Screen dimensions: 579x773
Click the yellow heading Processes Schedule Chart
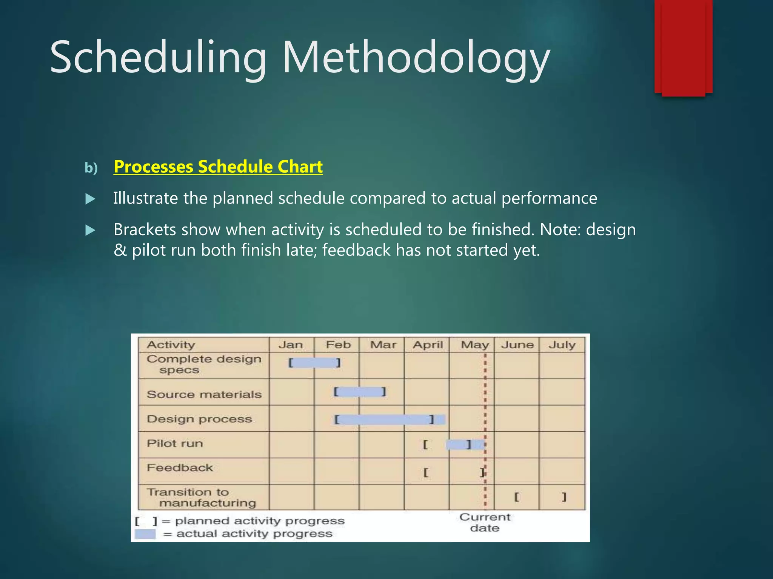tap(218, 167)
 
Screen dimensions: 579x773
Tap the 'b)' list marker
tap(91, 168)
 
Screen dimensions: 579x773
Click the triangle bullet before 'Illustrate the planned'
tap(91, 199)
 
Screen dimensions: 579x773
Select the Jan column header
tap(291, 345)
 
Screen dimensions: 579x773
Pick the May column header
tap(474, 345)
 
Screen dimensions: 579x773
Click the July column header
tap(562, 345)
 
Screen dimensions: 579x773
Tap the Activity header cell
tap(171, 345)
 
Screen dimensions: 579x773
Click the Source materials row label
tap(204, 395)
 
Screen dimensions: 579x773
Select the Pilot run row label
tap(175, 444)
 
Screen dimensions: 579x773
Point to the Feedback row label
tap(180, 468)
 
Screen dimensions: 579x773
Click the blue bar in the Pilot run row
tap(464, 445)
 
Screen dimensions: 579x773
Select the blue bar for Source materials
tap(359, 392)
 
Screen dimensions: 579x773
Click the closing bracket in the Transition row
tap(564, 497)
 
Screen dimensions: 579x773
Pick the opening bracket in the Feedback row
tap(426, 472)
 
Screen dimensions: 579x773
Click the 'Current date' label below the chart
tap(485, 522)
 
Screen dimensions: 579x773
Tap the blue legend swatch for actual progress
tap(145, 534)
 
